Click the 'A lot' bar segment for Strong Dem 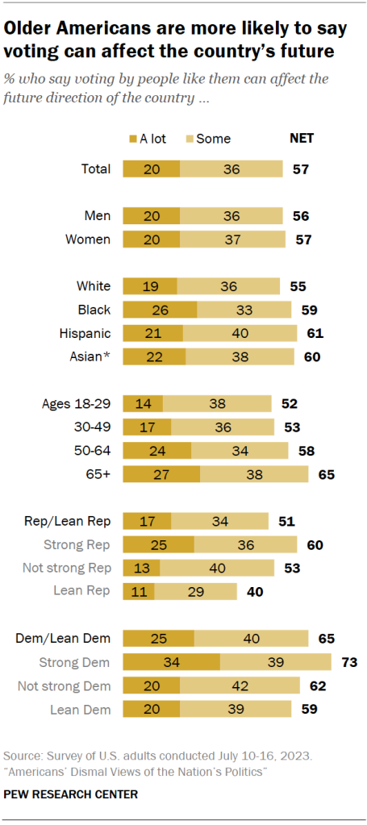(171, 662)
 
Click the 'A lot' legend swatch (133, 139)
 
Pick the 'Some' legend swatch (191, 139)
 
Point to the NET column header (301, 138)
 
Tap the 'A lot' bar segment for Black (160, 310)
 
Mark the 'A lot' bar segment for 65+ (161, 474)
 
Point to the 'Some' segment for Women (232, 240)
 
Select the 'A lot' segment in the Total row (151, 169)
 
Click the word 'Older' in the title (33, 30)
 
